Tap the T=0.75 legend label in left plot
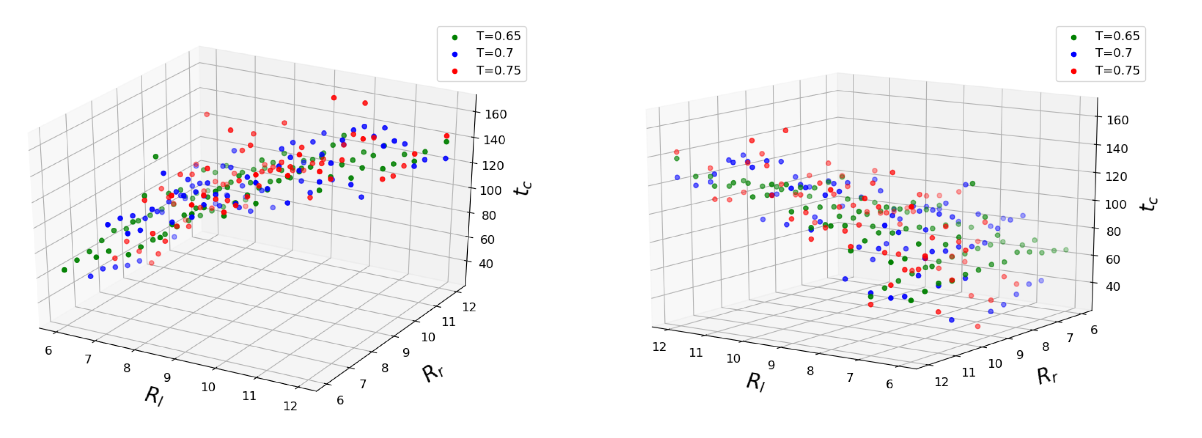(498, 70)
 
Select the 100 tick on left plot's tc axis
(491, 190)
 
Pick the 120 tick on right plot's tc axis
(1116, 176)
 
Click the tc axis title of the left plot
(523, 188)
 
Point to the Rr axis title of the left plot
(433, 373)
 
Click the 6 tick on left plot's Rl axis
(49, 350)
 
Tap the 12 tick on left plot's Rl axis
(290, 406)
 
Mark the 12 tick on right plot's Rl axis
(660, 347)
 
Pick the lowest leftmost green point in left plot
(64, 270)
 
